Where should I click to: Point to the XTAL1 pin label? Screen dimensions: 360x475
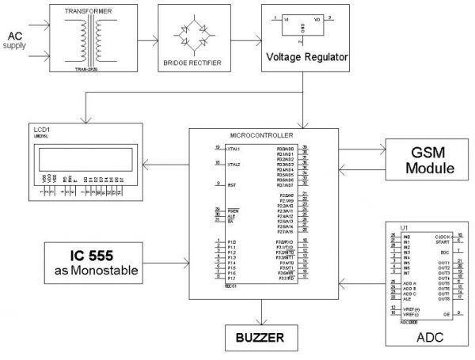point(233,149)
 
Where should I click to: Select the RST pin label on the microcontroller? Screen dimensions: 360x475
point(230,185)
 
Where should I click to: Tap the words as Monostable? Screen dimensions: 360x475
point(101,273)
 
